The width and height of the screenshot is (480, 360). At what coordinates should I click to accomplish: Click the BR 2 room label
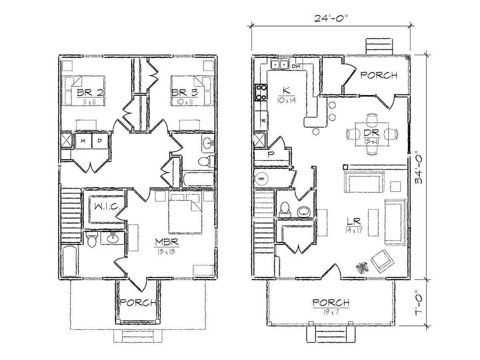(90, 93)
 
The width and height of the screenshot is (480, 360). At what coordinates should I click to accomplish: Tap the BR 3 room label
(185, 93)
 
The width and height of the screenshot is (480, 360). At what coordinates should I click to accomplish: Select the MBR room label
(167, 242)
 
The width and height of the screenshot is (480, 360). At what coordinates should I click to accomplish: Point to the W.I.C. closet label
(107, 206)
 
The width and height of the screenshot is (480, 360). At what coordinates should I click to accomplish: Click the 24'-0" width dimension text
(331, 18)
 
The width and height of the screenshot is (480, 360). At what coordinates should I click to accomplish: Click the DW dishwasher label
(296, 66)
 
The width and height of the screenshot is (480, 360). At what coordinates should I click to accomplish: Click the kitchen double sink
(280, 65)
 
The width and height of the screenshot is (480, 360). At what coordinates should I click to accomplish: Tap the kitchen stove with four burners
(261, 92)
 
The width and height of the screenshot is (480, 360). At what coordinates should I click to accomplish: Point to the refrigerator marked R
(261, 120)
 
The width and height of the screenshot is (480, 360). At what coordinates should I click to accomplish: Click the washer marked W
(83, 141)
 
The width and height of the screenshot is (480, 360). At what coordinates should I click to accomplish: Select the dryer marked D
(100, 141)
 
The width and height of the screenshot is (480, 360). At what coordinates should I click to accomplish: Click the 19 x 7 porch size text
(331, 312)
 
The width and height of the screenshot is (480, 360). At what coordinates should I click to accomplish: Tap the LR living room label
(354, 222)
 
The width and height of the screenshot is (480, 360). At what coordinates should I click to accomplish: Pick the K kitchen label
(286, 90)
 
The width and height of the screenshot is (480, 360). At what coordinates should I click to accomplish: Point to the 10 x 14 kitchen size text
(286, 100)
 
